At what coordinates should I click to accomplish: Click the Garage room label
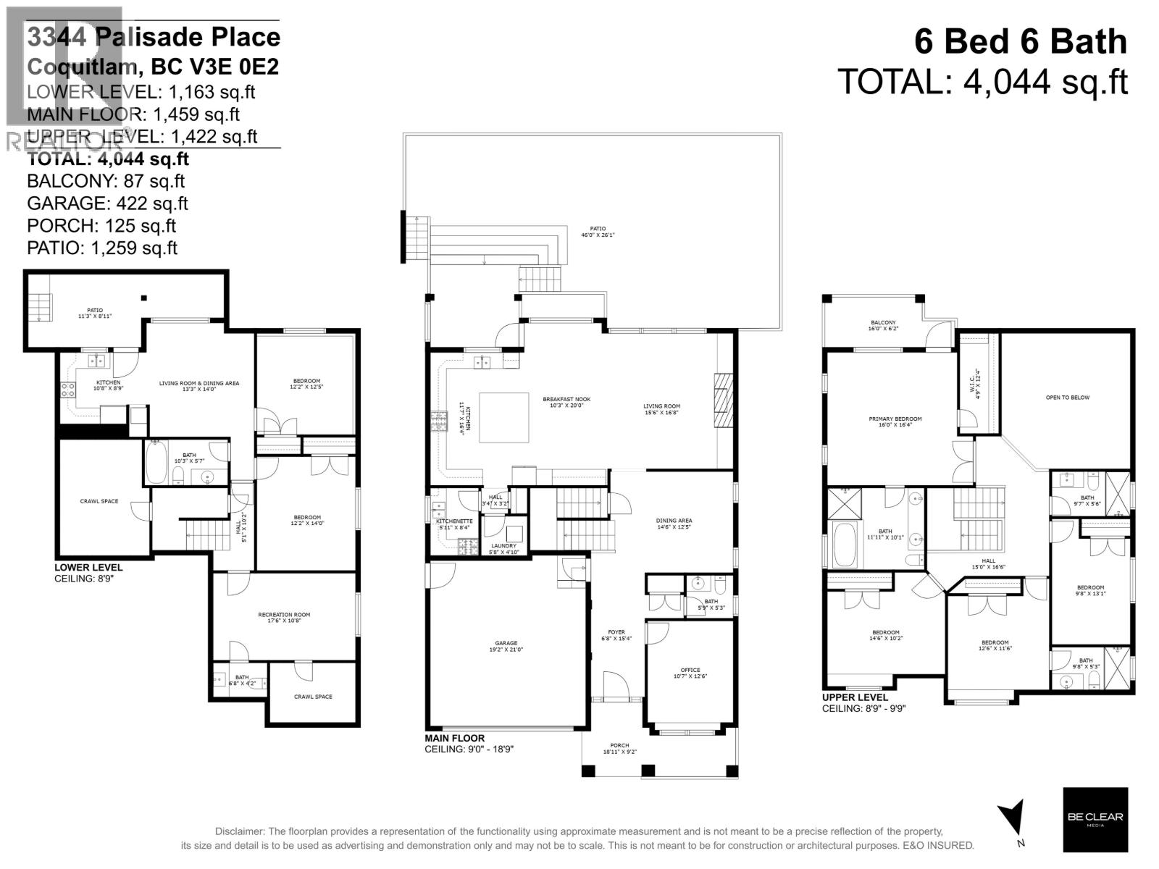pos(506,643)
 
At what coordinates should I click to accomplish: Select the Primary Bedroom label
pos(895,419)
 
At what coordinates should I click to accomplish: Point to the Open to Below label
pos(1067,398)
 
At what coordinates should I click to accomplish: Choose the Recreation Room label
pos(284,615)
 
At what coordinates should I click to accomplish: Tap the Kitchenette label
pos(454,521)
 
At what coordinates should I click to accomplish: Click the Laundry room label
pos(503,546)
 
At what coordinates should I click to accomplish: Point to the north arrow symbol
pos(1012,821)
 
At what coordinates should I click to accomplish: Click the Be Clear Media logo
pos(1095,819)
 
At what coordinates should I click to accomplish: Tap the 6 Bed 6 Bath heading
pos(1020,41)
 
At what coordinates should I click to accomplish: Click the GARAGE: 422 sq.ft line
pos(107,203)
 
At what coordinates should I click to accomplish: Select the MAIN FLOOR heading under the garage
pos(455,738)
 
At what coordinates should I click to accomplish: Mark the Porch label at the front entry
pos(619,745)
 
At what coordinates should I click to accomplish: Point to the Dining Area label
pos(674,521)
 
